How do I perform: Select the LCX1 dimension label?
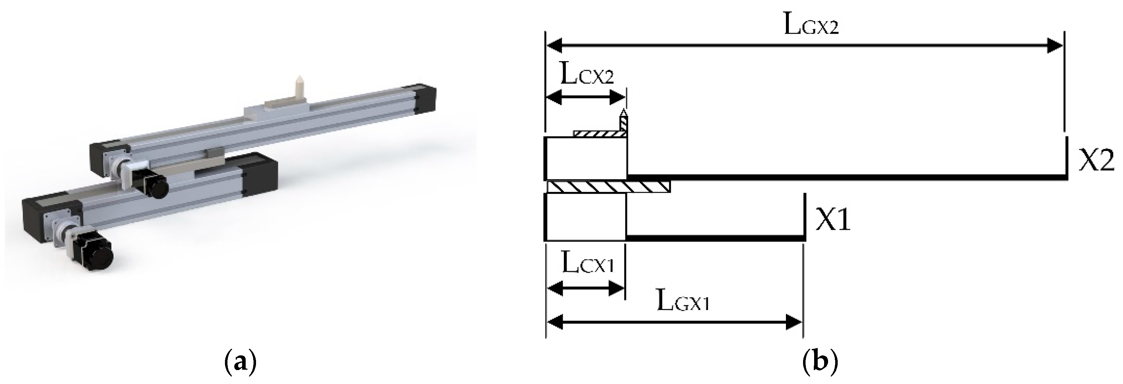(587, 264)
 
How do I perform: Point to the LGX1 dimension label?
(683, 302)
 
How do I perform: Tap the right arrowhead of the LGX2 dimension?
(1054, 45)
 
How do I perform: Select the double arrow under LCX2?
(586, 97)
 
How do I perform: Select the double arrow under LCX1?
(586, 288)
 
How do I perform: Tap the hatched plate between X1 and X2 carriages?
(608, 187)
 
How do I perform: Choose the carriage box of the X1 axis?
(586, 217)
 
